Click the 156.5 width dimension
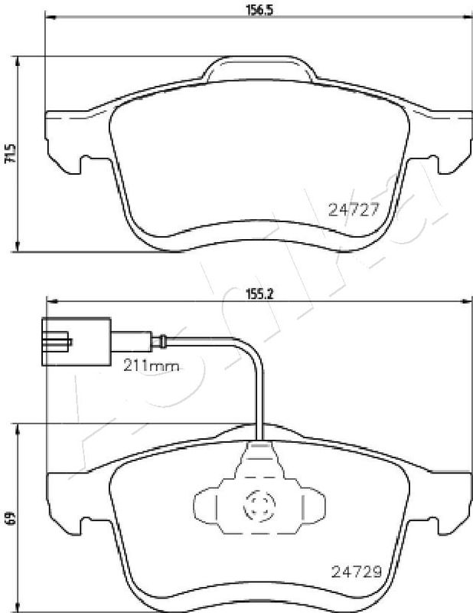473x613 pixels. pyautogui.click(x=259, y=9)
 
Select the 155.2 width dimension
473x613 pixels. pyautogui.click(x=259, y=293)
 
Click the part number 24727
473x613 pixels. pyautogui.click(x=354, y=210)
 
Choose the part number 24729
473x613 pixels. pyautogui.click(x=356, y=572)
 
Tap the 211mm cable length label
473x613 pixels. pyautogui.click(x=152, y=366)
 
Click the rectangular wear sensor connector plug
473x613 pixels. pyautogui.click(x=77, y=342)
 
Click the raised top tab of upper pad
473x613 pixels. pyautogui.click(x=259, y=69)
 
